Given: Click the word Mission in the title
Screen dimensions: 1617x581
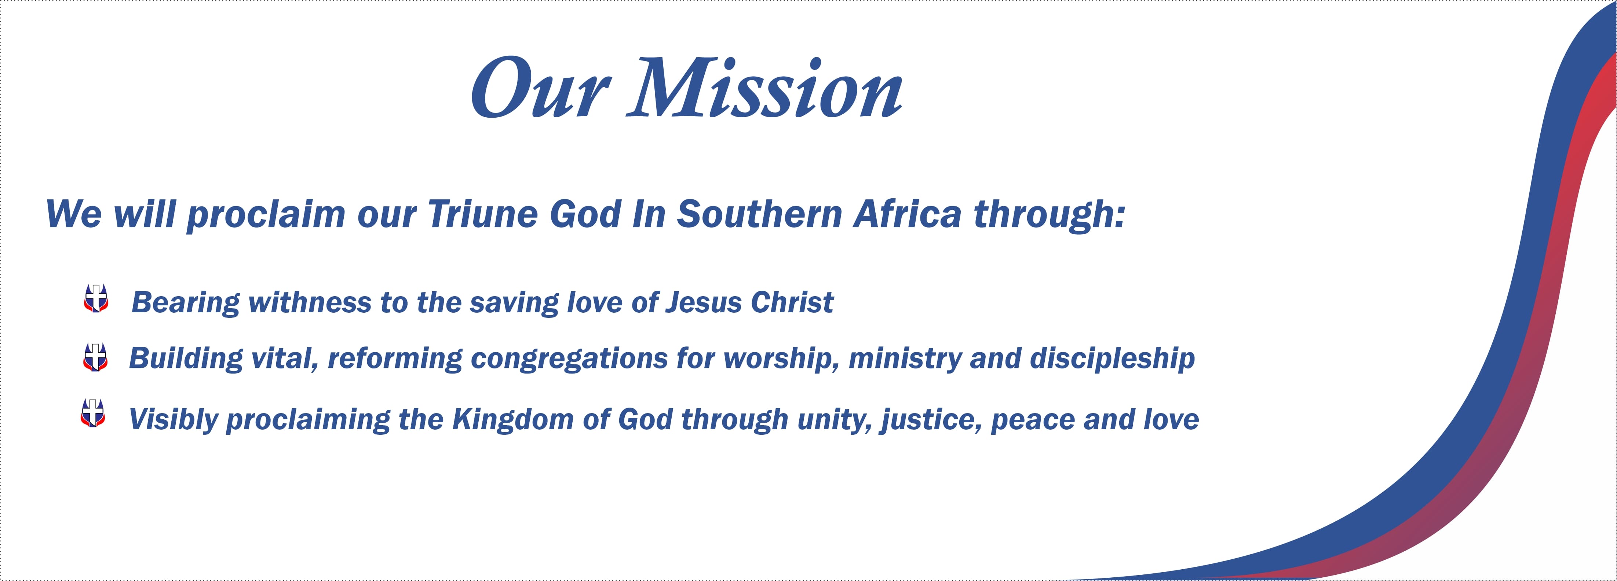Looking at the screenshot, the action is coord(764,88).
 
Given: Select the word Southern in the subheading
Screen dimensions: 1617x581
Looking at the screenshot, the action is coord(759,214).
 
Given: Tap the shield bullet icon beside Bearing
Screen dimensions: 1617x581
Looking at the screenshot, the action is coord(96,298).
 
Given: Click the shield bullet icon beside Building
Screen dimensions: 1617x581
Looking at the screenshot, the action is coord(95,357).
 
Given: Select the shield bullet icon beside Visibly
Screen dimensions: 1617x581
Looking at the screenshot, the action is coord(93,413).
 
